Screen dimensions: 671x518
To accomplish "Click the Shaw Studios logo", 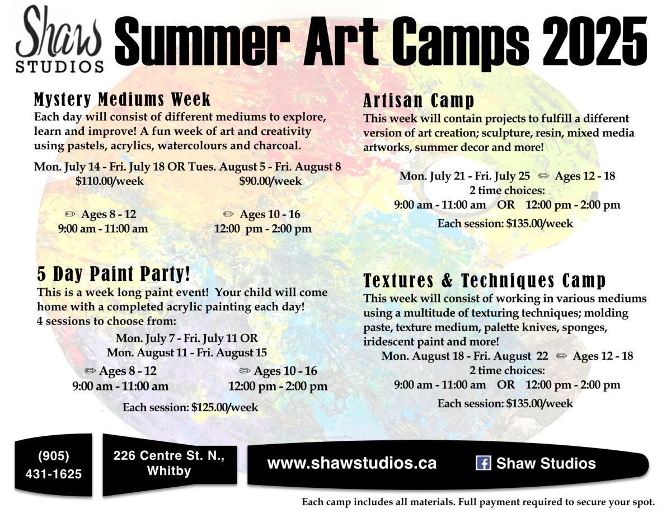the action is point(59,39).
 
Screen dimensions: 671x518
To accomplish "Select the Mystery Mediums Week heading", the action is point(123,99).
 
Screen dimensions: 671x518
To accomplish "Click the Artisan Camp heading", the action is point(419,101).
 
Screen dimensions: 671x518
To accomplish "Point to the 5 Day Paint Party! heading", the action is point(114,274).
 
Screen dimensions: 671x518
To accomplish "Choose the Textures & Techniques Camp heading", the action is point(485,281).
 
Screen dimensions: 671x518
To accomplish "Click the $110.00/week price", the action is point(110,181).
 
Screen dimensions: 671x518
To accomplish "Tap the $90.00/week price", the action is point(270,181).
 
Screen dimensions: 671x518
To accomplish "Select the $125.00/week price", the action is point(224,407).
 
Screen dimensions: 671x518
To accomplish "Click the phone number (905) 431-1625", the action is point(54,465).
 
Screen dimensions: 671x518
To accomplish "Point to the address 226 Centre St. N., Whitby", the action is point(169,463).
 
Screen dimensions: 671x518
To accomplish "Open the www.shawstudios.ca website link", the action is point(352,463).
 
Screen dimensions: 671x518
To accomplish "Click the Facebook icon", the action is point(483,463).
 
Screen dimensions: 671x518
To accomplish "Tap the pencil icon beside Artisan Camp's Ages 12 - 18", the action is point(543,176).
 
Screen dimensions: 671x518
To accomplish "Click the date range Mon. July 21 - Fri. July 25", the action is point(464,176).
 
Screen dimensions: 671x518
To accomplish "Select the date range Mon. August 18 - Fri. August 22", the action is point(464,356).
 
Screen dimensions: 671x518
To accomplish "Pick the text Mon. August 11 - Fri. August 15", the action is point(186,353).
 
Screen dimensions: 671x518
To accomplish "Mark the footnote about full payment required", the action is point(478,502).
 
